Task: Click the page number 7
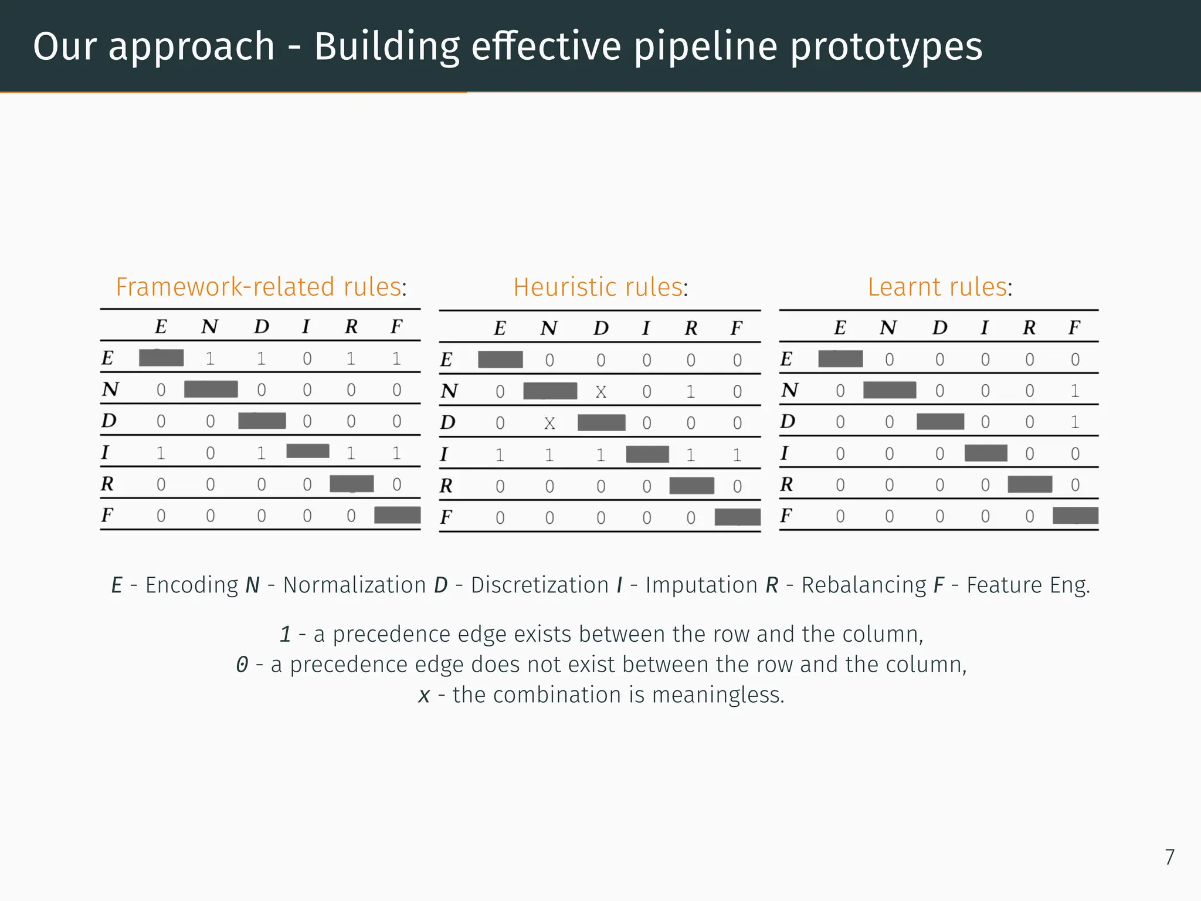1169,857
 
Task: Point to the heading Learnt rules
939,287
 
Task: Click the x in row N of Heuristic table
600,392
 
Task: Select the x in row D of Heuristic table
549,424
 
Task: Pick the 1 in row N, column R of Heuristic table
691,392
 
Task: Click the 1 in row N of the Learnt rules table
1074,391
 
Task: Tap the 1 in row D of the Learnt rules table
1074,422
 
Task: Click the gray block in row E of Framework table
161,358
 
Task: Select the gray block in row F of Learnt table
1075,516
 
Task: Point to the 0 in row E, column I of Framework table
307,358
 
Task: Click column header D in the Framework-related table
262,327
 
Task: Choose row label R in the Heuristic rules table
446,486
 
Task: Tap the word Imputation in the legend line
701,585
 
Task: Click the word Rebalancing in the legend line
863,585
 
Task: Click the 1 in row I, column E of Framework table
161,453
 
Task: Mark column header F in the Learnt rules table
1074,327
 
